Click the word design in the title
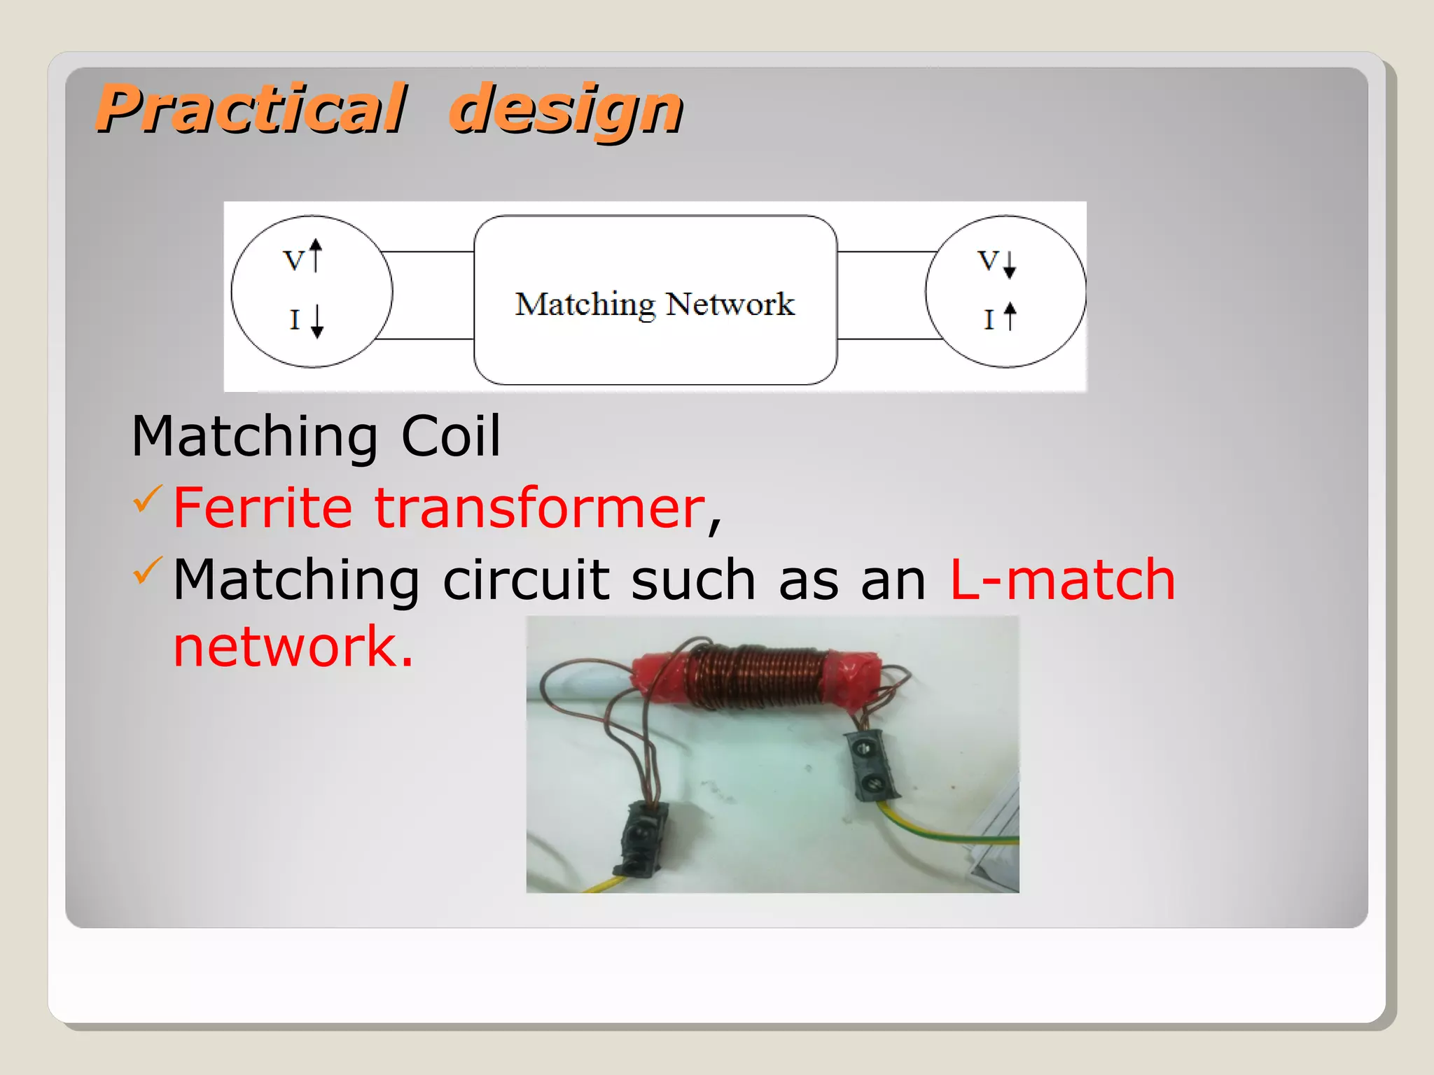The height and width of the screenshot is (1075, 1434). (566, 110)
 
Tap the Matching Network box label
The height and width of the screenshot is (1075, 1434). (655, 304)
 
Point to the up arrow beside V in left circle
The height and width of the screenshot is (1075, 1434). (316, 255)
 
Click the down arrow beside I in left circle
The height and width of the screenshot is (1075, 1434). (317, 321)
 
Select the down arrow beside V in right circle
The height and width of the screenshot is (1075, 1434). (1009, 265)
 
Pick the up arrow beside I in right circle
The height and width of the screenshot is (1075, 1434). (1009, 316)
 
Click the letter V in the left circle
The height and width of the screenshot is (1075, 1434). (294, 261)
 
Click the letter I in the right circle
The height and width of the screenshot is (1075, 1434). (989, 320)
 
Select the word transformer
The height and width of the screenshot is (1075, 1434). (540, 507)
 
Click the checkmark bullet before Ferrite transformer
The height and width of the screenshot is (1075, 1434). (147, 498)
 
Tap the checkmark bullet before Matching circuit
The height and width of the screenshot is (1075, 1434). (147, 570)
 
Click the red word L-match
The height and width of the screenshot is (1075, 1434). (1061, 579)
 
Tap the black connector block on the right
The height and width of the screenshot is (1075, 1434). (870, 765)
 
